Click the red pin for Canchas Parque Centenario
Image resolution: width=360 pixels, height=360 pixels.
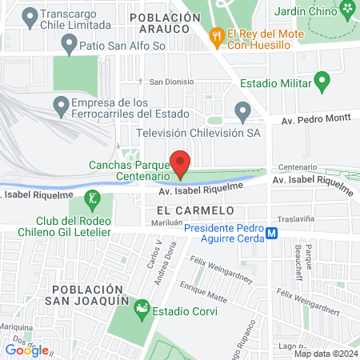[x=181, y=163]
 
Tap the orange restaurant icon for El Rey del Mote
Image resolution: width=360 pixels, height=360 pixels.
[x=216, y=35]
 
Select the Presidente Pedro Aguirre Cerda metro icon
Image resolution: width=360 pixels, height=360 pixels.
[x=272, y=234]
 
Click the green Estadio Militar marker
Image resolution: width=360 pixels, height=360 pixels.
[x=322, y=80]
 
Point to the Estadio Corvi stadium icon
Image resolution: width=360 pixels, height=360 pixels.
[x=142, y=306]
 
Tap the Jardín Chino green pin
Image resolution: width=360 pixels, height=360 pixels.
[x=348, y=10]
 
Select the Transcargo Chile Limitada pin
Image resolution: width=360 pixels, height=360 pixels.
[x=30, y=14]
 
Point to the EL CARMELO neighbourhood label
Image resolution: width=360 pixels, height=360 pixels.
[x=190, y=210]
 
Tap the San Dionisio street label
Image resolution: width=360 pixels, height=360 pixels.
[x=171, y=82]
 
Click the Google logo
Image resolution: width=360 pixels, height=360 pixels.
[x=26, y=350]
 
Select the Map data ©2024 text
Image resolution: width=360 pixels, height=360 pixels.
[x=326, y=353]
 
